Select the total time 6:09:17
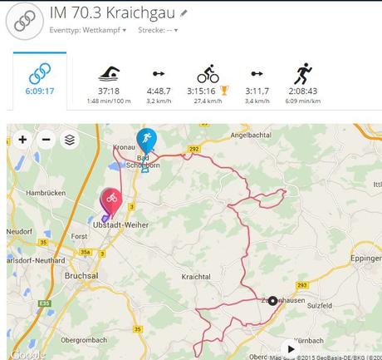point(41,91)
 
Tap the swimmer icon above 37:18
point(109,72)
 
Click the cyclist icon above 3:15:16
point(208,73)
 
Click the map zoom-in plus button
point(22,140)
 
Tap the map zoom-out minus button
point(46,140)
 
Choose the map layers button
point(70,140)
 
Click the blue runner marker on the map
point(146,138)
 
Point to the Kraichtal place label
point(197,275)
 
